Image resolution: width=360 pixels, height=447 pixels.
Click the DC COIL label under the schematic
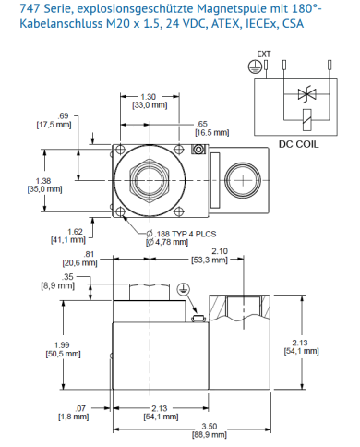coord(298,144)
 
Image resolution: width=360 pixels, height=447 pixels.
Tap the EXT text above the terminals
coord(264,54)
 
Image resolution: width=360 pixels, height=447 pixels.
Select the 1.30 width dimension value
coord(149,97)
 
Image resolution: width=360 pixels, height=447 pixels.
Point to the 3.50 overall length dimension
coord(210,427)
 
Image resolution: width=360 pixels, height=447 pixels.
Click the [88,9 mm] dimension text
coord(210,435)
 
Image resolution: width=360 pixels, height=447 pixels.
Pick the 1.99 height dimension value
coord(62,345)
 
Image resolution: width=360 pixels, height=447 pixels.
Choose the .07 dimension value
coord(80,408)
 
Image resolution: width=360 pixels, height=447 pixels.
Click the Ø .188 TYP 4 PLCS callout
coord(181,234)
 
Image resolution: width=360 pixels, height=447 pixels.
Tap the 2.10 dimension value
coord(220,251)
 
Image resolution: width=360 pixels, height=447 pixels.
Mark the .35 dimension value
coord(67,277)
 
